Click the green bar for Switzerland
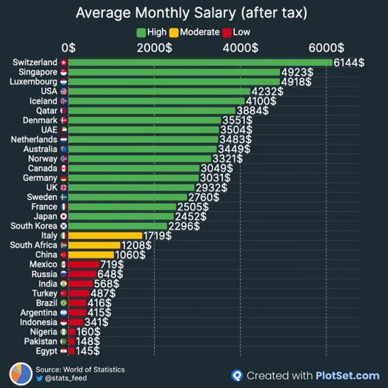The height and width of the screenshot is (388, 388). (200, 62)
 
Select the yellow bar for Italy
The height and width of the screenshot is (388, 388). (105, 235)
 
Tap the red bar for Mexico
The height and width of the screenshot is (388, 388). (84, 264)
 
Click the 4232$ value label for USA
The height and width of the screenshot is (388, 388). (267, 92)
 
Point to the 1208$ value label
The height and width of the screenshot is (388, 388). (136, 245)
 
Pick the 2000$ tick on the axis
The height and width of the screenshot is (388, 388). (154, 47)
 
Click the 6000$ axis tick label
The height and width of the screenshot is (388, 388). (326, 47)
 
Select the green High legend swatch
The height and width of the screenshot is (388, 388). (141, 33)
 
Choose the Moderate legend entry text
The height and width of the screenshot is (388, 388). (199, 32)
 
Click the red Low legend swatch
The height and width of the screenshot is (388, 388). (227, 33)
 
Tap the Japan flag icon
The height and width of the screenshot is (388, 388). (64, 216)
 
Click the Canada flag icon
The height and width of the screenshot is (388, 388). (64, 169)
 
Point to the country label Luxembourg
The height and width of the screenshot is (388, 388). (33, 81)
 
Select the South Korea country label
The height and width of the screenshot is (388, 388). (33, 226)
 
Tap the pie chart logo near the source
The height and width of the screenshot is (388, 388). (21, 374)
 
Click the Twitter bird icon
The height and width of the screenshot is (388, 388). (39, 378)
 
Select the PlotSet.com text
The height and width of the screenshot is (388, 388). (347, 375)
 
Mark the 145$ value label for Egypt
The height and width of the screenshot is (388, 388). (88, 351)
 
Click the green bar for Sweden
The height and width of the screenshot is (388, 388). (127, 197)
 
